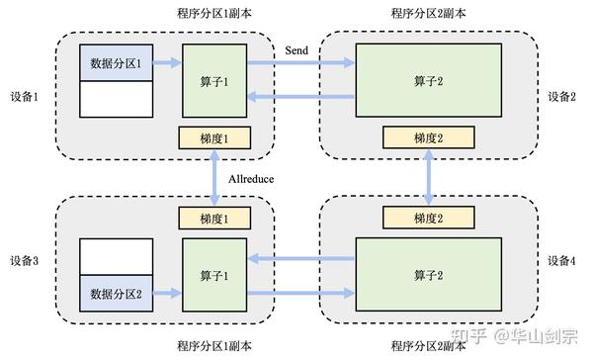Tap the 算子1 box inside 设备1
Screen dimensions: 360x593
213,80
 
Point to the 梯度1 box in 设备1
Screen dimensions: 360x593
213,139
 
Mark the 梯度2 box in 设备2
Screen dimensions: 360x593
427,139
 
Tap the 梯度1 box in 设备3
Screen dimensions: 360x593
213,217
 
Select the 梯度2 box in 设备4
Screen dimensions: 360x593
427,217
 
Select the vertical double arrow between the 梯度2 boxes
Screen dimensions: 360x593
427,178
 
